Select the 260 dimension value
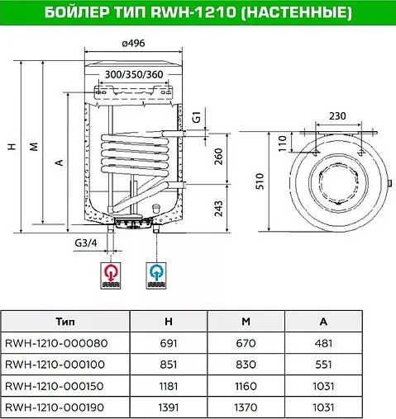pos(217,157)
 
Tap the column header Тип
pos(67,321)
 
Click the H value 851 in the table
pos(169,364)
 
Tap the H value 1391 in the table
pos(169,407)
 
